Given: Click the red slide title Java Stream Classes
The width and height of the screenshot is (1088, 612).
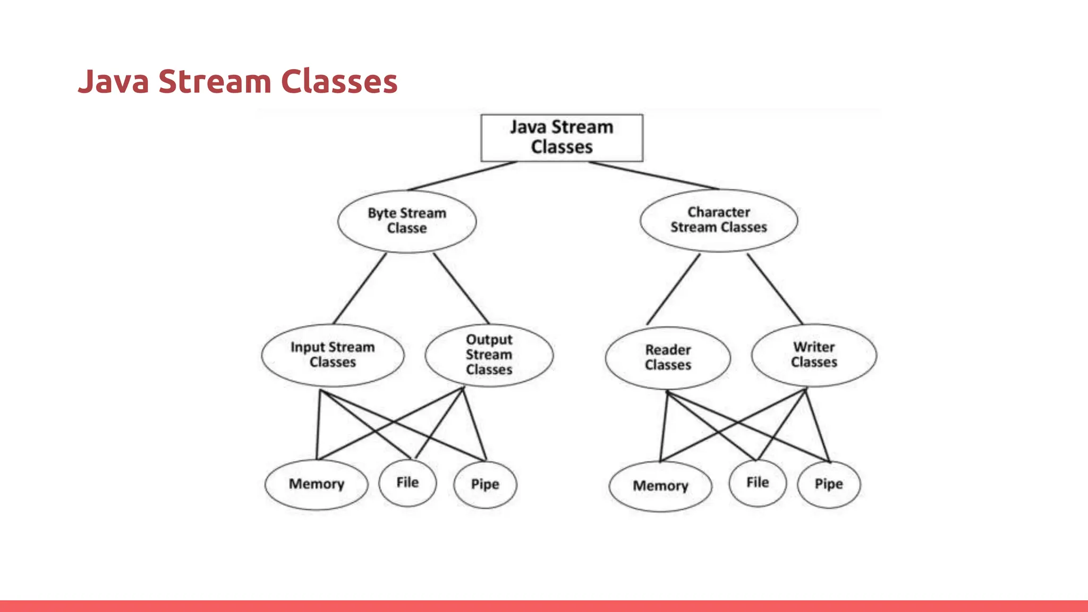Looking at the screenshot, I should tap(237, 81).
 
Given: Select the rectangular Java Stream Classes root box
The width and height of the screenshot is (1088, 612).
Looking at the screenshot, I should tap(562, 138).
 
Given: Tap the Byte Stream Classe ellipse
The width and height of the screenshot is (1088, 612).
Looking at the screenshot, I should tap(407, 220).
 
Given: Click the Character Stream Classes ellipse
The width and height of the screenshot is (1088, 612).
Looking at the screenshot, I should tap(718, 220).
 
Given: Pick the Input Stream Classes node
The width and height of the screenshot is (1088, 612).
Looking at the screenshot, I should tap(333, 355).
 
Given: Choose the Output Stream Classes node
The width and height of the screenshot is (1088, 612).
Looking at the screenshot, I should tap(489, 355).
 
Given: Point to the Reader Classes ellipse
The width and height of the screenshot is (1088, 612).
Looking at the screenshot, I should tap(668, 358).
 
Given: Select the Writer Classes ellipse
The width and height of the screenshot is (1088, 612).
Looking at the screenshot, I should tap(814, 355).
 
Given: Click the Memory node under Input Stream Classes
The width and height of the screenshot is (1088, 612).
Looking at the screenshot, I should tap(316, 484).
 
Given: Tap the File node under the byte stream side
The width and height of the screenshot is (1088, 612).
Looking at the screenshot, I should tap(407, 483).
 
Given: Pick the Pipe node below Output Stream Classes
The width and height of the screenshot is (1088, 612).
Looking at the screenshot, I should tap(485, 484).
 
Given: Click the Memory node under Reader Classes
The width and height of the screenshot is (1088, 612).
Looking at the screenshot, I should tap(660, 486).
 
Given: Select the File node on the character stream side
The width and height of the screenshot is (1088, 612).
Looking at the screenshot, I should tap(758, 483).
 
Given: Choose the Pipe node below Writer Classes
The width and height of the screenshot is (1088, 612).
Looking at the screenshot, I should tap(829, 484).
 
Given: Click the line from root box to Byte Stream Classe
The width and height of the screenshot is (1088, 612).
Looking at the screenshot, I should tap(462, 176).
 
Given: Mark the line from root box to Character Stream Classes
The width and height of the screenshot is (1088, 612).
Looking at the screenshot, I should tap(653, 175).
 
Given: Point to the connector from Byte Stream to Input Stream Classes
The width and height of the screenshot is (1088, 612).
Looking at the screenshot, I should tap(360, 288).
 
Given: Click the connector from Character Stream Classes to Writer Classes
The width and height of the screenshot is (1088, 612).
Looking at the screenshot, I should tap(775, 288).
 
